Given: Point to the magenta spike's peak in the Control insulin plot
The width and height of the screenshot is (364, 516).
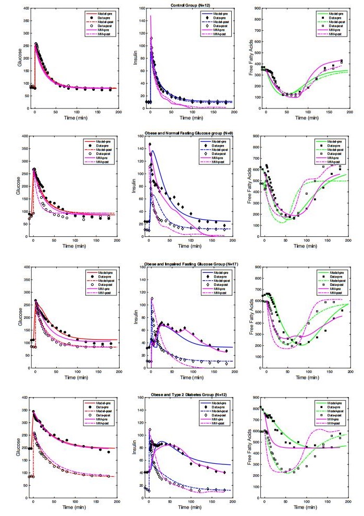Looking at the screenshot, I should [150, 16].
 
